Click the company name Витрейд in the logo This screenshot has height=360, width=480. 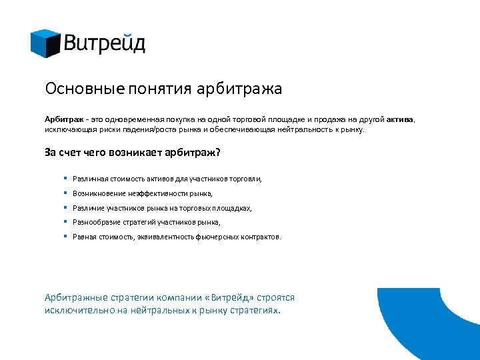[x=105, y=44]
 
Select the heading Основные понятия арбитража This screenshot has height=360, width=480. [x=163, y=89]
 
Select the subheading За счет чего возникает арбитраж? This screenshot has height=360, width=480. [x=132, y=153]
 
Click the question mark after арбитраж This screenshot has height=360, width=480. [x=217, y=153]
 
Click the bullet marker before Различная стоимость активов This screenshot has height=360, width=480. [x=65, y=179]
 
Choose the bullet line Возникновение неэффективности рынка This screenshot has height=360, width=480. [x=143, y=193]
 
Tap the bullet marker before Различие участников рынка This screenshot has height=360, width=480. [x=65, y=207]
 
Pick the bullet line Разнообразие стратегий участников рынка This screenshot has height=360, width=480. [x=146, y=222]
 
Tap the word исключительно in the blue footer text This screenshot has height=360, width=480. [x=77, y=310]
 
